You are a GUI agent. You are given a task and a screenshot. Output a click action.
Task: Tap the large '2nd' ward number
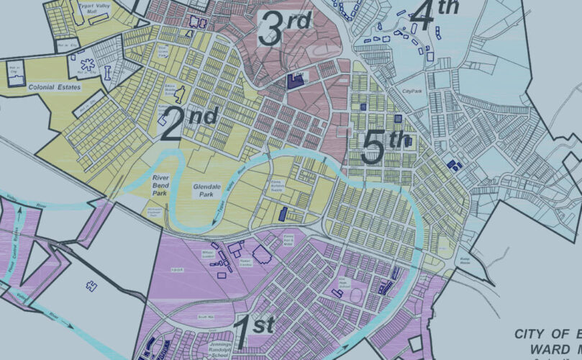point(188,123)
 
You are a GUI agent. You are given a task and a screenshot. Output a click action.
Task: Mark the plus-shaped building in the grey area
point(92,285)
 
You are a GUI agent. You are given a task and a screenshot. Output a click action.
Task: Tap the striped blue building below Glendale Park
point(283,214)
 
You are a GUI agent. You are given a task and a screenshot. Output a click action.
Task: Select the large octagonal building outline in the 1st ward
point(260,253)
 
